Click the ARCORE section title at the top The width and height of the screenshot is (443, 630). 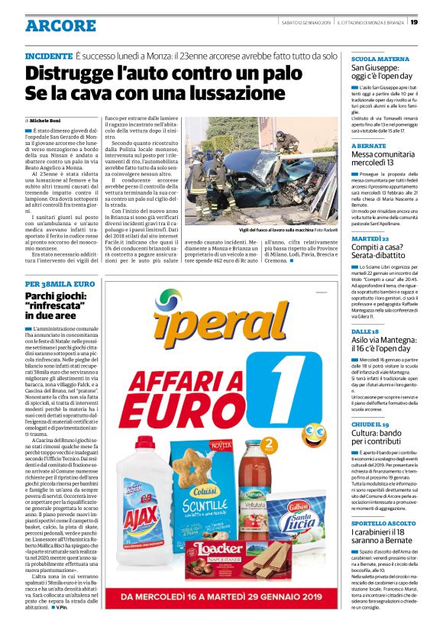60,25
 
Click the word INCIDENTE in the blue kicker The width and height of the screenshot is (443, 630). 48,57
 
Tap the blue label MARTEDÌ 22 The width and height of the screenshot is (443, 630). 370,239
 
